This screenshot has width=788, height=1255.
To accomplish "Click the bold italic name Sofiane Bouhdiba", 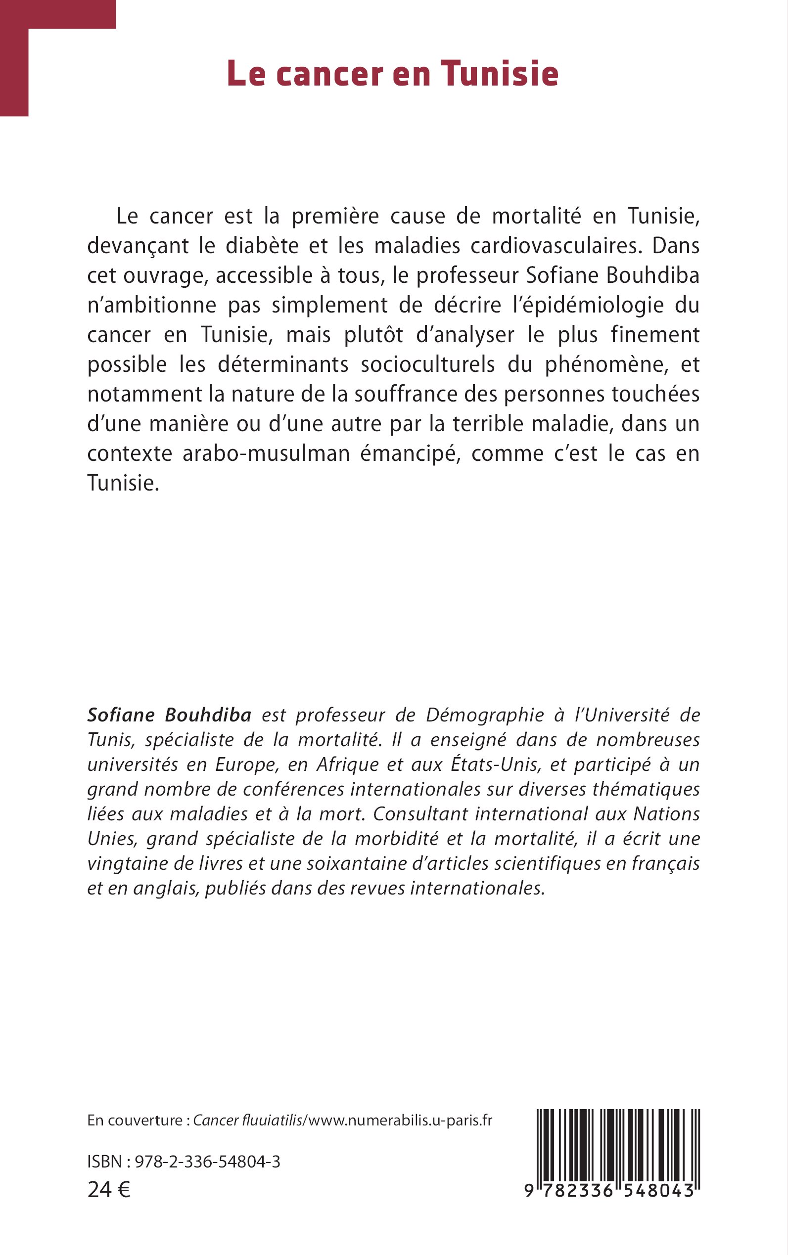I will [169, 716].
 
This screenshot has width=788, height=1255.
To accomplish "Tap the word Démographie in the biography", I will [485, 716].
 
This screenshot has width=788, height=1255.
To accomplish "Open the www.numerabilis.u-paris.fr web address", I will [400, 1120].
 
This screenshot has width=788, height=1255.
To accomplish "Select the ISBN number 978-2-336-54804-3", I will [207, 1162].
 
